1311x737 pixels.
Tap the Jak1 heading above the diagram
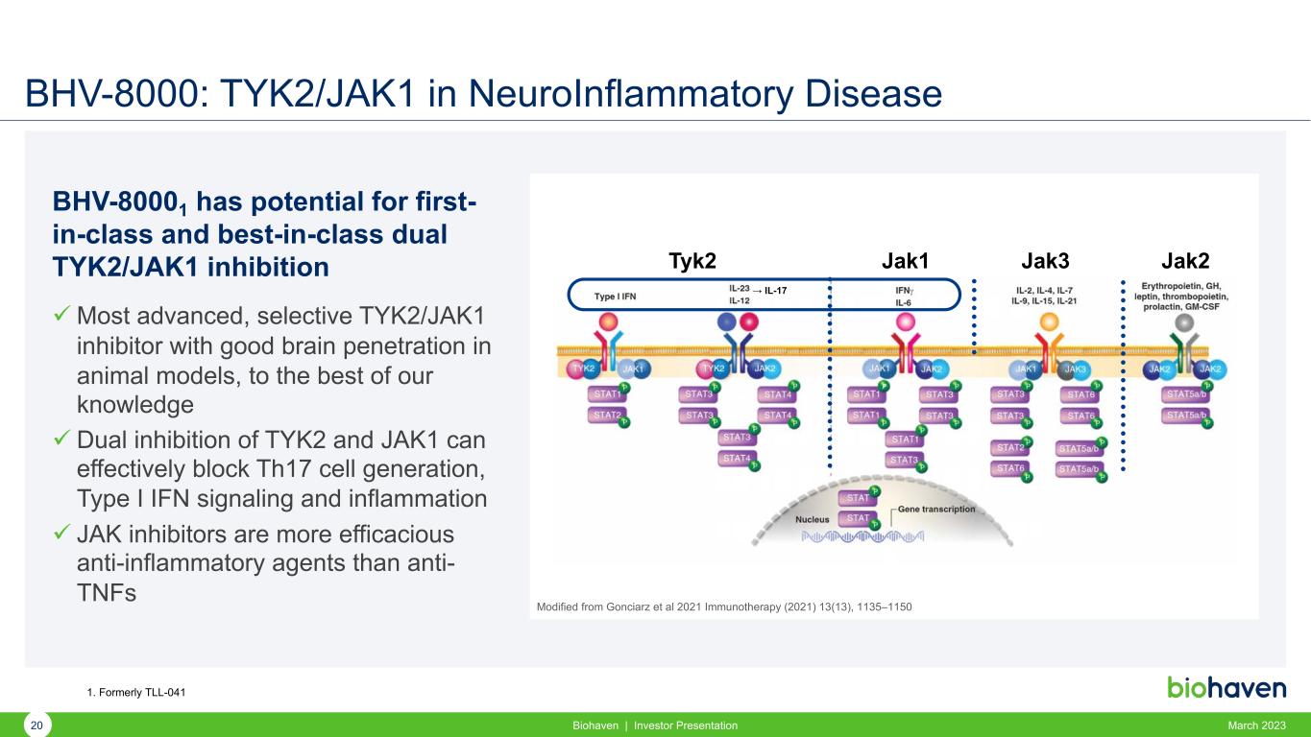(x=910, y=262)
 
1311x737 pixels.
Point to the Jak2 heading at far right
(x=1184, y=262)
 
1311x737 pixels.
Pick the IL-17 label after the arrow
(x=775, y=287)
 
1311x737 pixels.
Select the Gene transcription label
(x=936, y=509)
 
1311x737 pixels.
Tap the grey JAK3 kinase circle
(x=1075, y=368)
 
